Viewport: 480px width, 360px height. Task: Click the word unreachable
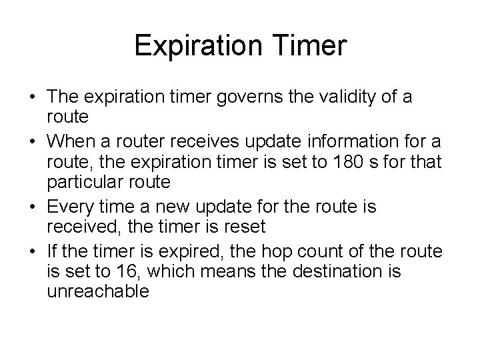[98, 291]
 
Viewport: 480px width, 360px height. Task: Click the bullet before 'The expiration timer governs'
[33, 98]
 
